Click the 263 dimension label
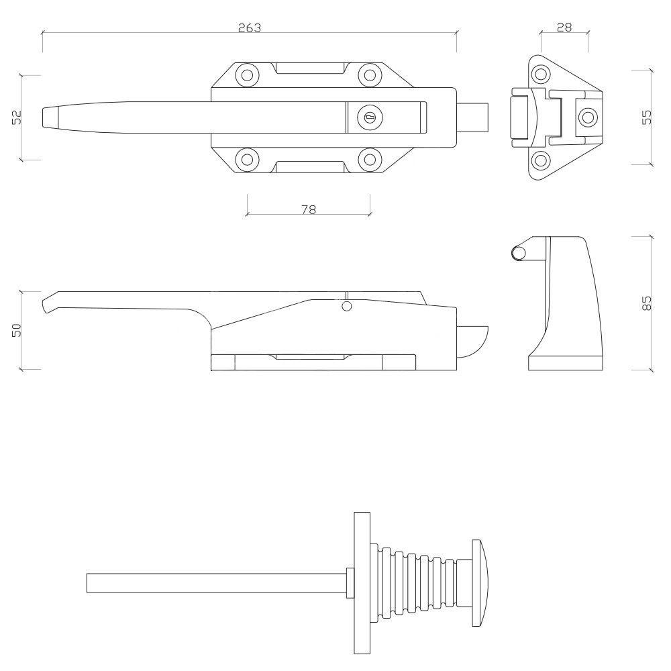pos(250,28)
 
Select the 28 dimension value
pos(564,28)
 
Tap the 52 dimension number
pos(16,117)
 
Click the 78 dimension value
pos(309,209)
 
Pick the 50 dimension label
pos(16,330)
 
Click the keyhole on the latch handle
pos(369,117)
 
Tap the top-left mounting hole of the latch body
pos(248,75)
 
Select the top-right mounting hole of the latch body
pos(370,75)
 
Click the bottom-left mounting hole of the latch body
pos(248,160)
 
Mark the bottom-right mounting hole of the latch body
pos(370,160)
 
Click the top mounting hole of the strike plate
pos(541,74)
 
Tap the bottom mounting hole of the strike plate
pos(541,160)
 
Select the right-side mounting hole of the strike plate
pos(587,117)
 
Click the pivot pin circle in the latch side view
pos(347,306)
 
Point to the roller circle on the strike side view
pos(519,254)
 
